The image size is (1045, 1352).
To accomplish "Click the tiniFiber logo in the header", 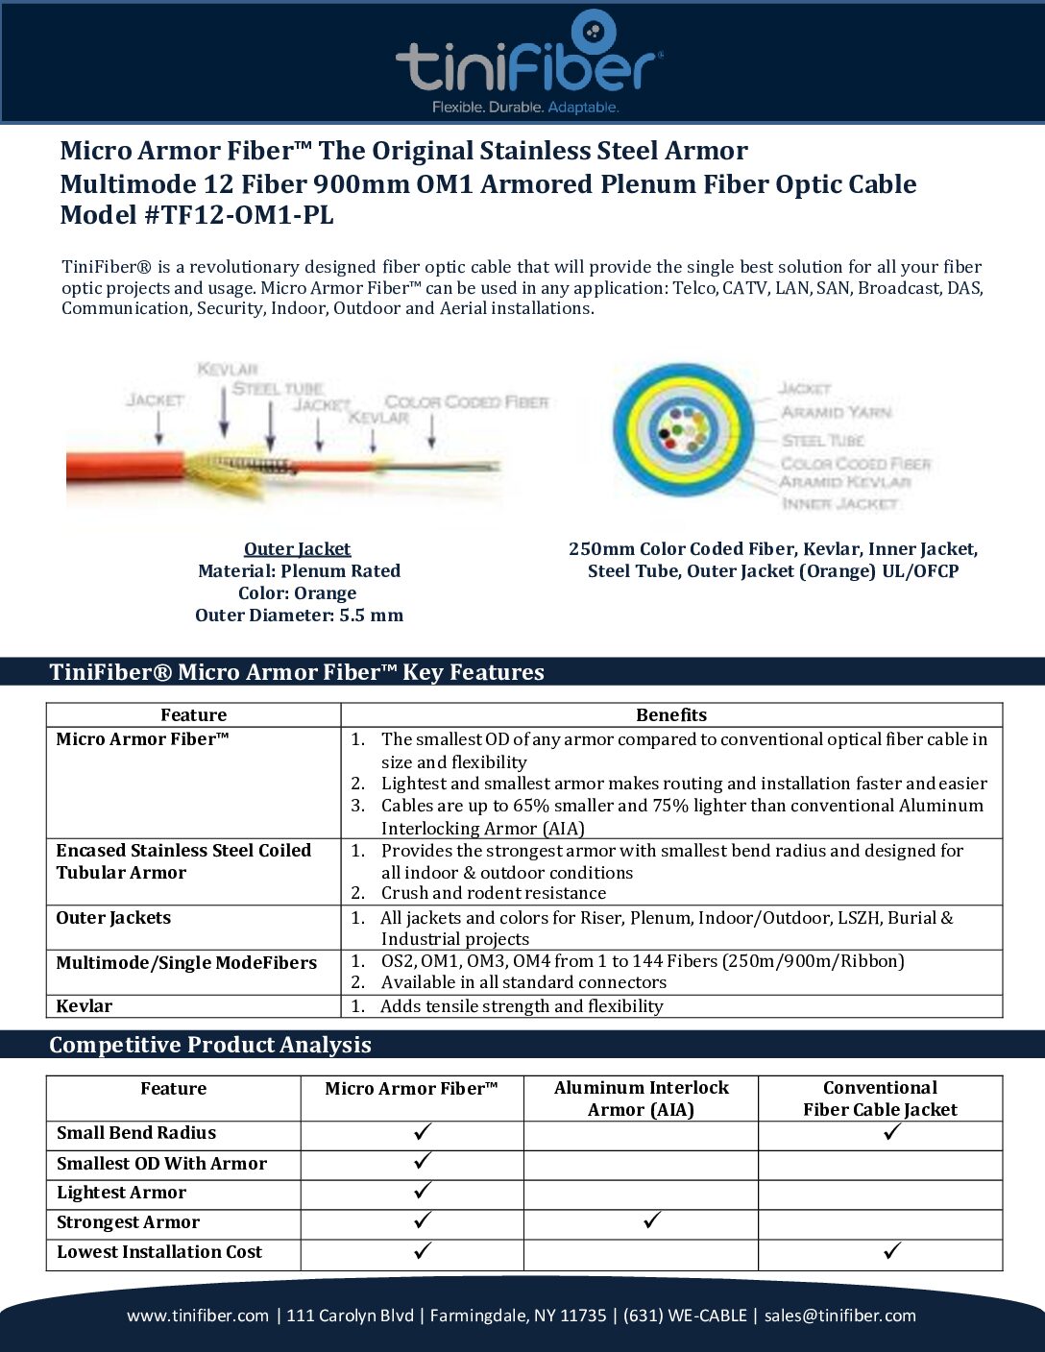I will (x=528, y=62).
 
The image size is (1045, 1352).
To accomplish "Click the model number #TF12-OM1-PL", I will (x=237, y=216).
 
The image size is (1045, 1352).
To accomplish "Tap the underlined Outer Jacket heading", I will (x=297, y=549).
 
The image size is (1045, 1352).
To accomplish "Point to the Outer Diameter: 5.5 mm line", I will (x=299, y=616).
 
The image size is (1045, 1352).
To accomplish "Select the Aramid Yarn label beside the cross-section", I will (x=836, y=413).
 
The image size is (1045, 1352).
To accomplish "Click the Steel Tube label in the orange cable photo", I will (x=277, y=389).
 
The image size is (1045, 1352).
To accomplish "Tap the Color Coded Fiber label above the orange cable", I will (x=466, y=402).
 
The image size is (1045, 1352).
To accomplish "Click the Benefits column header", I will (x=670, y=715).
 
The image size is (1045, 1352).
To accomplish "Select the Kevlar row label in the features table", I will (x=85, y=1006).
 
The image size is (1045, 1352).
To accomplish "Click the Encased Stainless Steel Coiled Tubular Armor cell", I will (x=182, y=861).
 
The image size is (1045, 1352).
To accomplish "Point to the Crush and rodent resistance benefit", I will (x=493, y=893).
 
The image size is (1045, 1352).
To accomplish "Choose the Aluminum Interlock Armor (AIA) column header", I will (x=641, y=1098).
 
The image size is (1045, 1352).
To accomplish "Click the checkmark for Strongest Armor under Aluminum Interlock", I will (x=652, y=1221).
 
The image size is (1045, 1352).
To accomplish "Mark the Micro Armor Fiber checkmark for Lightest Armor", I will (x=423, y=1192).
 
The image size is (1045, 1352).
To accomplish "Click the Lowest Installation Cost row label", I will (x=159, y=1252).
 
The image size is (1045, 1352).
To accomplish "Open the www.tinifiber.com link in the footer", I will (x=198, y=1316).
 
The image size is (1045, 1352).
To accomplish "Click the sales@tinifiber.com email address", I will (x=840, y=1316).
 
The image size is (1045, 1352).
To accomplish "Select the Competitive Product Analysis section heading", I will (x=210, y=1045).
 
